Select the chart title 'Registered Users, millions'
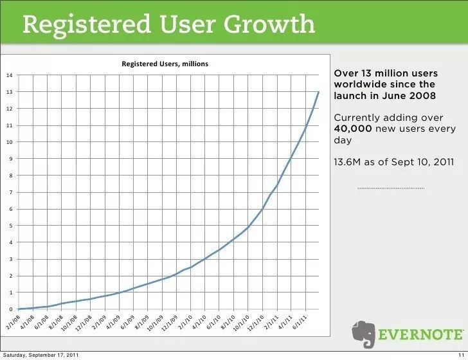[x=165, y=63]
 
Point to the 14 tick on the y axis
[x=9, y=75]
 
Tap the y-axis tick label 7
[x=10, y=192]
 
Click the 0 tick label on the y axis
[x=10, y=309]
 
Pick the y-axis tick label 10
[x=9, y=142]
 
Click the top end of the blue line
[x=318, y=92]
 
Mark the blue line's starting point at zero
[x=19, y=309]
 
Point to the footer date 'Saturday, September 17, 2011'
[x=41, y=355]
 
